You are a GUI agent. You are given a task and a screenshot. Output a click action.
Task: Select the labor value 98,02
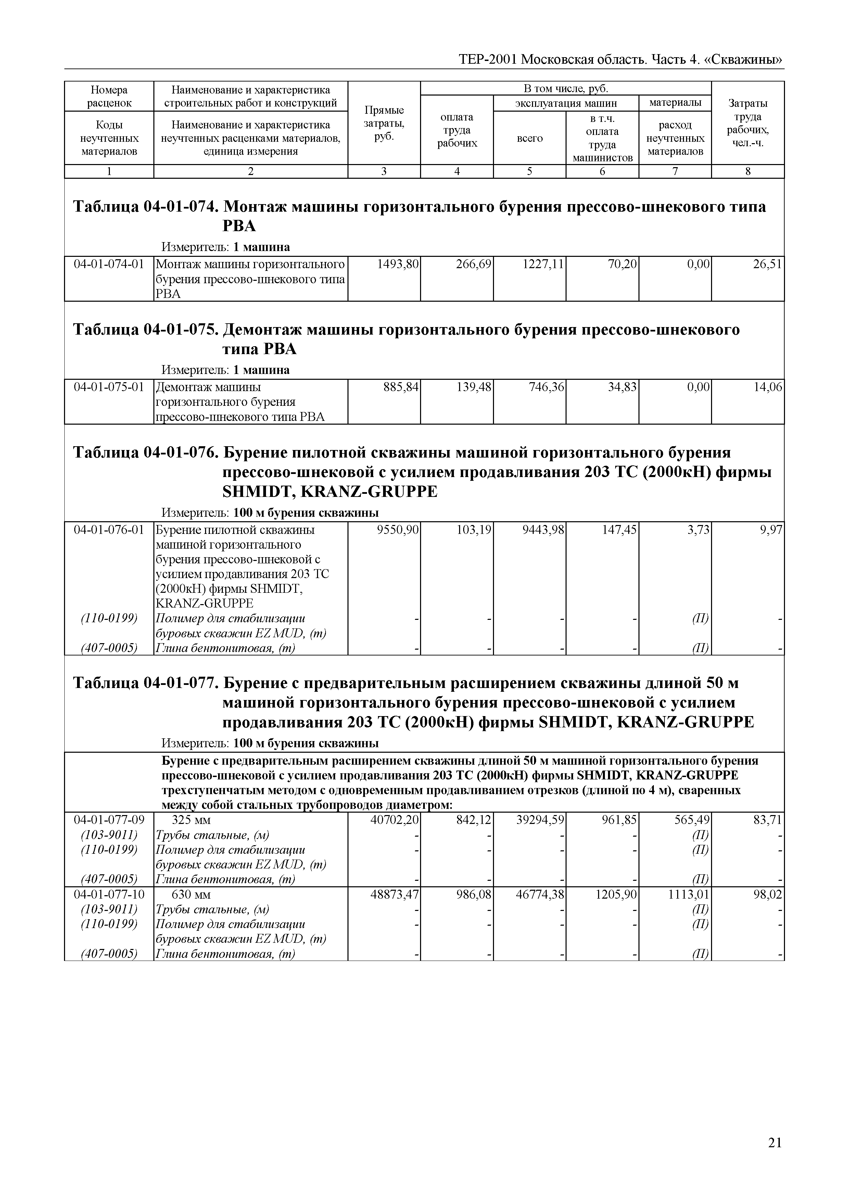tap(768, 895)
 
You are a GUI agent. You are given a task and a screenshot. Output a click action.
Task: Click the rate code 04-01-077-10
tap(109, 895)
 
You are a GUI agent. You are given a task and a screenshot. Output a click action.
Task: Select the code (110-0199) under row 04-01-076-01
tap(109, 619)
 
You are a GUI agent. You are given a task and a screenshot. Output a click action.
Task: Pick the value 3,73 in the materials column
tap(699, 530)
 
